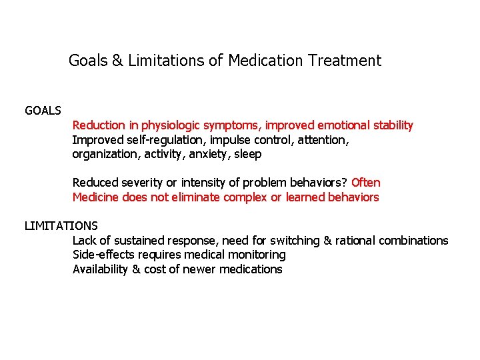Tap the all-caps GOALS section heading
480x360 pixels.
43,110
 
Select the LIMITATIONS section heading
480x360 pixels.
61,226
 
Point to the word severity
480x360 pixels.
137,183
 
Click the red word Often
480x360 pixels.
365,183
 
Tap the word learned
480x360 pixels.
305,197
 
